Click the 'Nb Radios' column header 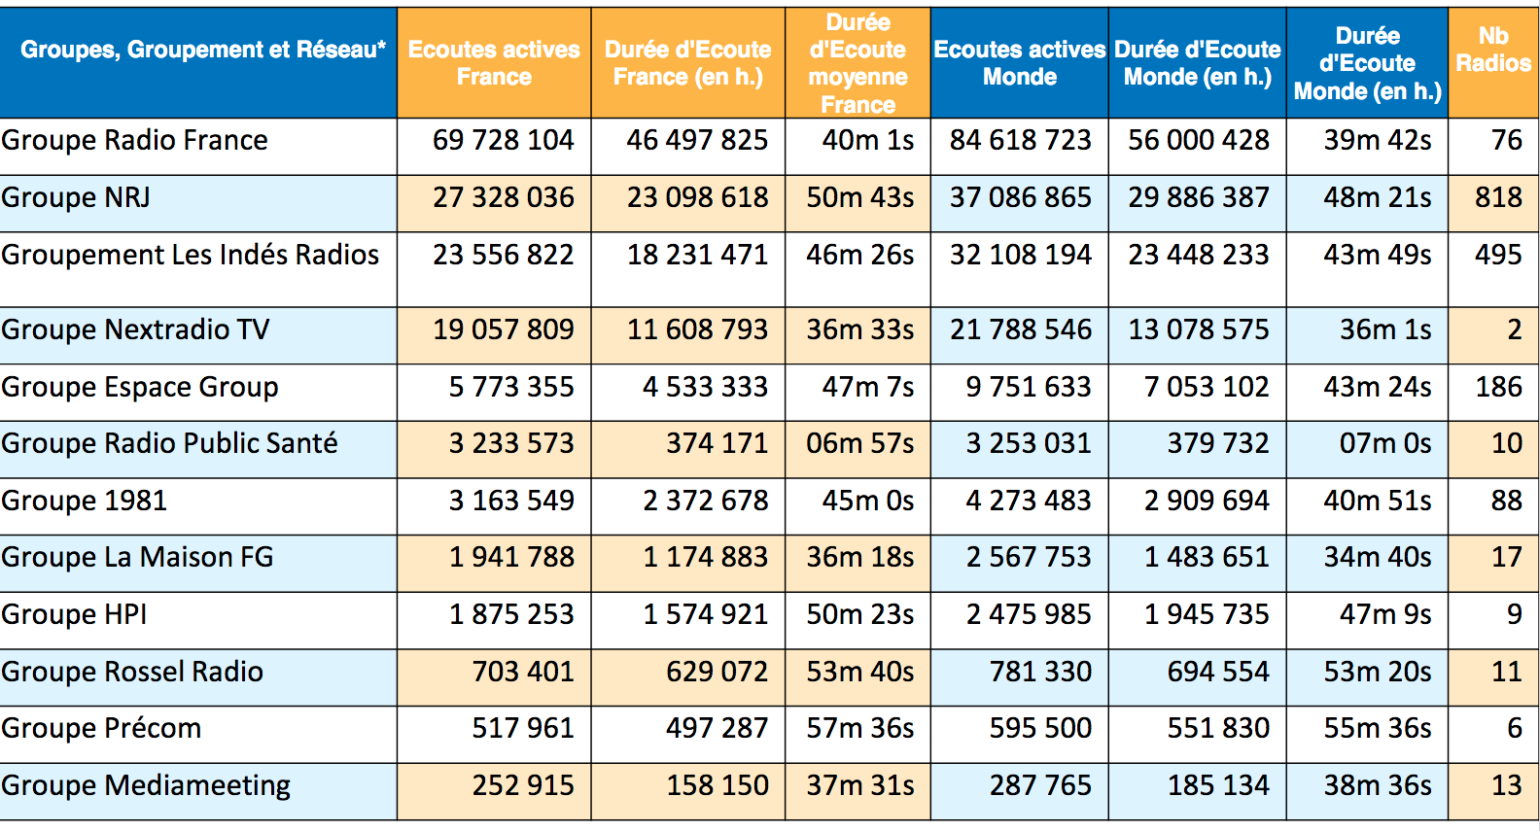1493,50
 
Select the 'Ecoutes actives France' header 494,63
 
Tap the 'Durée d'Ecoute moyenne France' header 857,63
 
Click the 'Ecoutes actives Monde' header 1020,63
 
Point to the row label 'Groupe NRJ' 76,198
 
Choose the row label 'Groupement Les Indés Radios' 191,255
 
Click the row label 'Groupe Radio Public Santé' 170,443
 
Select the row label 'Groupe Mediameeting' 147,785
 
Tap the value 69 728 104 503,141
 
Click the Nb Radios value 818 1498,198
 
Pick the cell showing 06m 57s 859,444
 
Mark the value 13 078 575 1198,330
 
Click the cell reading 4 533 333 705,387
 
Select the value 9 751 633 1028,387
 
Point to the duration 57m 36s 859,728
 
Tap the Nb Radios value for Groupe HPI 1514,614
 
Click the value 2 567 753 1028,558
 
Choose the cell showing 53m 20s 1377,672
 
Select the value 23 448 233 1198,255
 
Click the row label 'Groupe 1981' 85,501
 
